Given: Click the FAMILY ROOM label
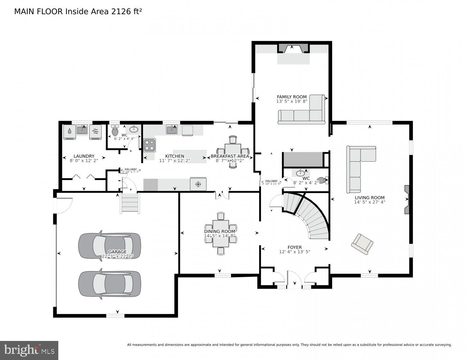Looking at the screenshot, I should [291, 97].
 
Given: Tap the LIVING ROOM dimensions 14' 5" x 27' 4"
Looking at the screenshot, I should [370, 202].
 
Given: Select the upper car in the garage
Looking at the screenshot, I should [109, 246].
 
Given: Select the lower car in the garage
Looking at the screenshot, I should [109, 284].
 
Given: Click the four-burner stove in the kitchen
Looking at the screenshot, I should [150, 145].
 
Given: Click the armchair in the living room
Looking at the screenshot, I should [362, 244].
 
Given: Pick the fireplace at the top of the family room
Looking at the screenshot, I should [293, 48].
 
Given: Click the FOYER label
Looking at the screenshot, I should [294, 247].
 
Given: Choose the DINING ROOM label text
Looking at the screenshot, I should [220, 231].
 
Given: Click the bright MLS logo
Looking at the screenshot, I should [29, 350].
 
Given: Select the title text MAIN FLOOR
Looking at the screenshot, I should [39, 12].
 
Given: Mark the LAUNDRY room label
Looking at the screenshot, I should [84, 156].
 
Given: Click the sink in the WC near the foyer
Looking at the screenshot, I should [300, 173].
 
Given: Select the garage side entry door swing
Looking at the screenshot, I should [64, 204].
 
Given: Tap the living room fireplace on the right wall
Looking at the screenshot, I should [407, 200].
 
